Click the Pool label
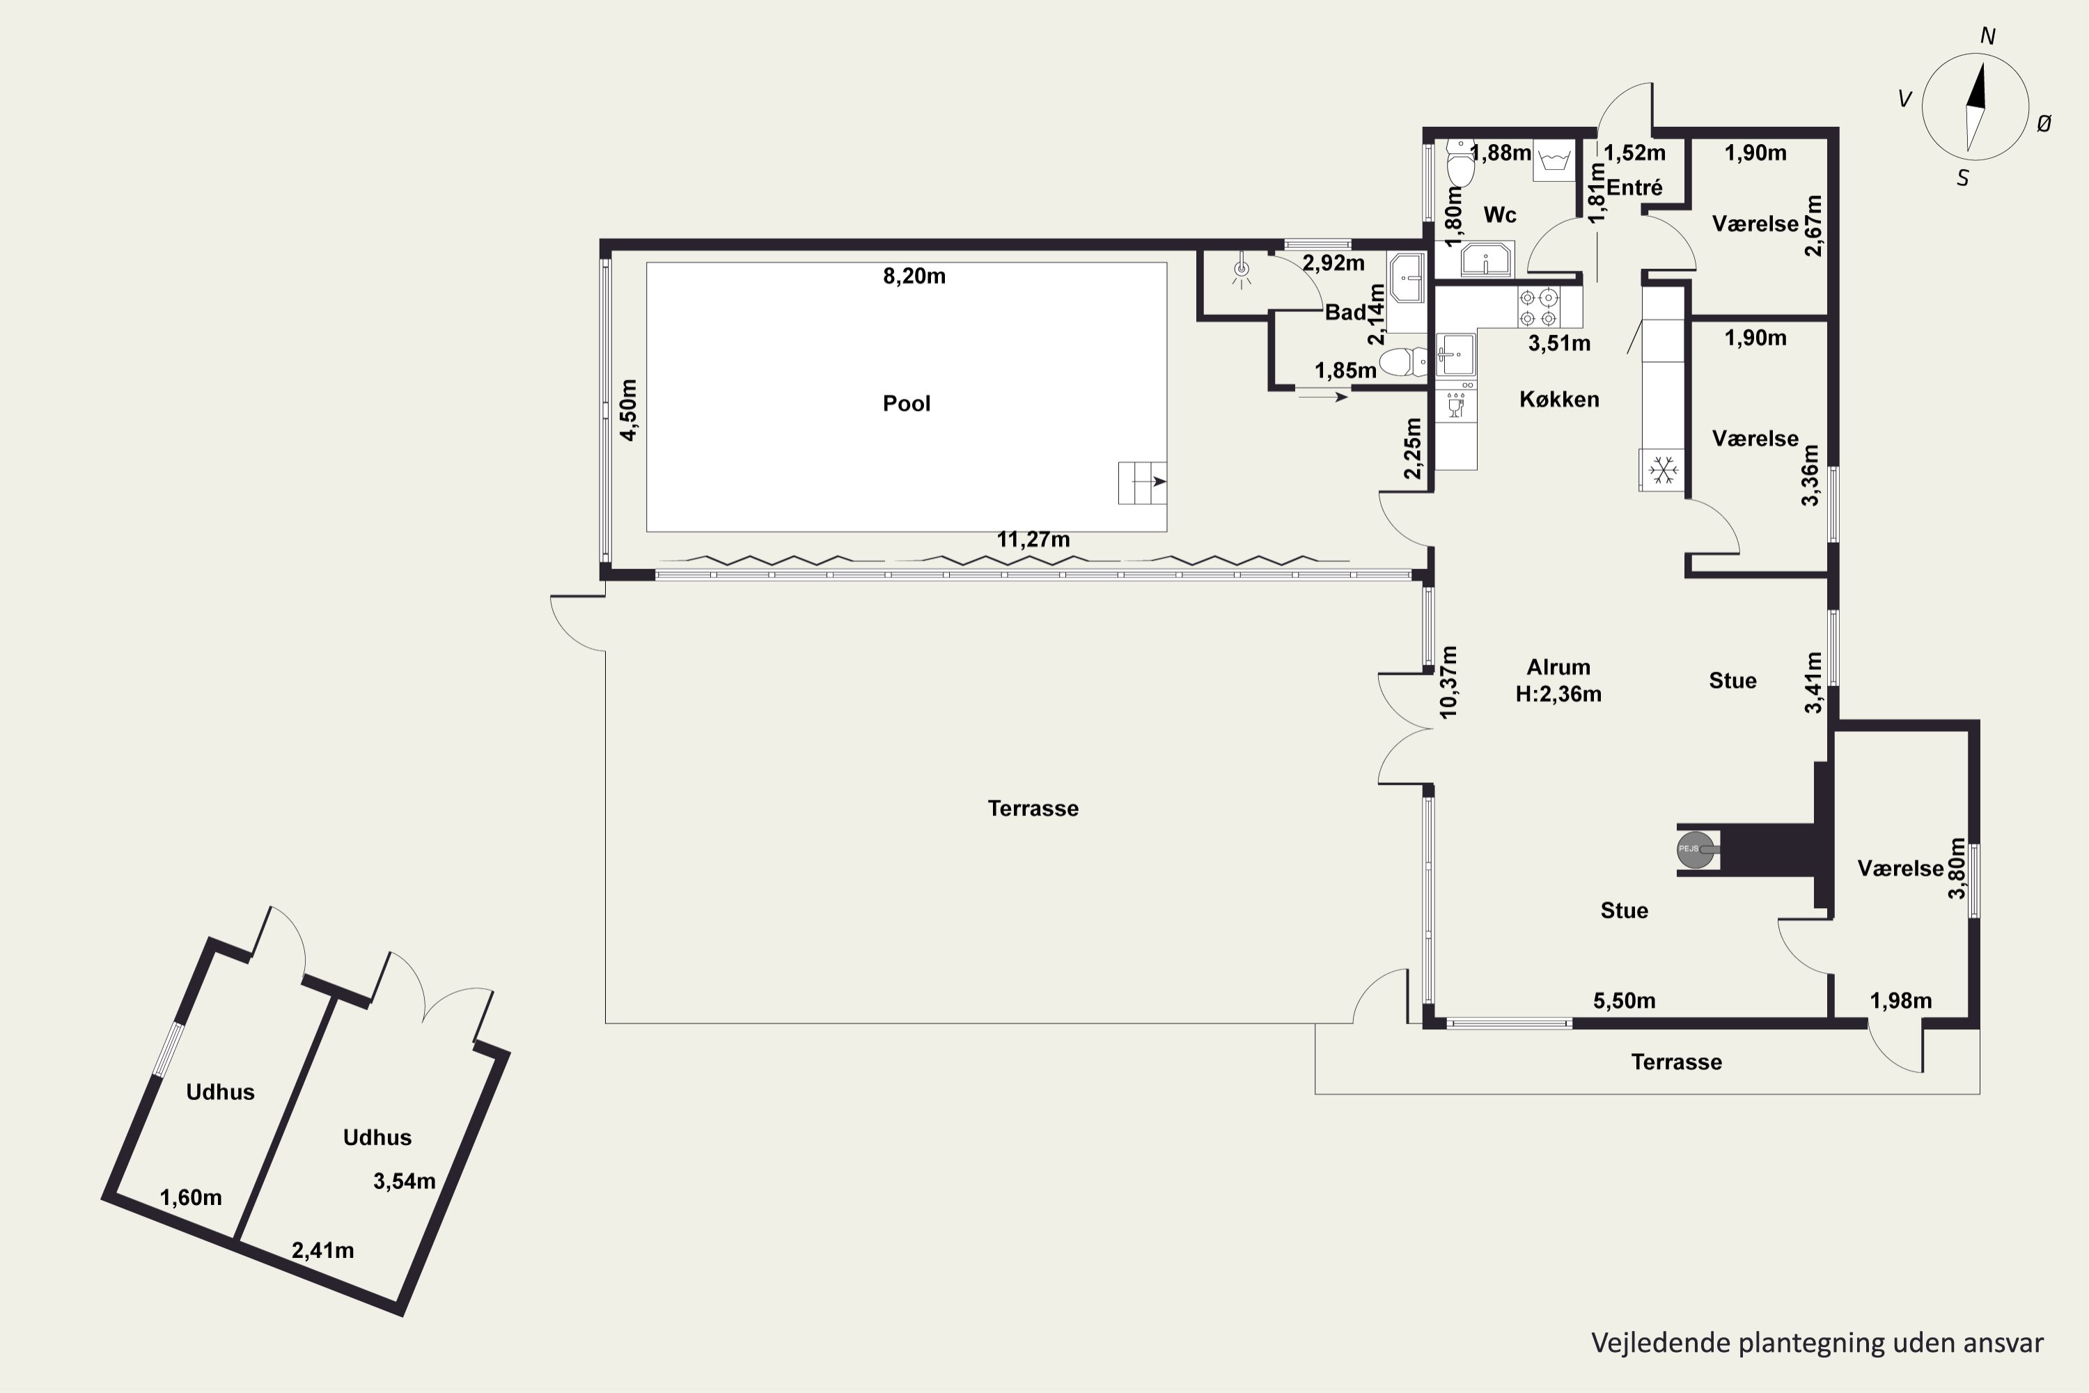pos(906,403)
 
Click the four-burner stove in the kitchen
pos(1538,307)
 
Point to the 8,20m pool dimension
pos(914,277)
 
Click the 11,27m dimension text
pos(1033,539)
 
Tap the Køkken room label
pos(1559,400)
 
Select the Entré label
pos(1634,187)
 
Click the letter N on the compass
pos(1988,36)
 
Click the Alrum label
pos(1558,667)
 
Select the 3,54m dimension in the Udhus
pos(404,1181)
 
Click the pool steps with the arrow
pos(1142,483)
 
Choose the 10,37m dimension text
pos(1448,683)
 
